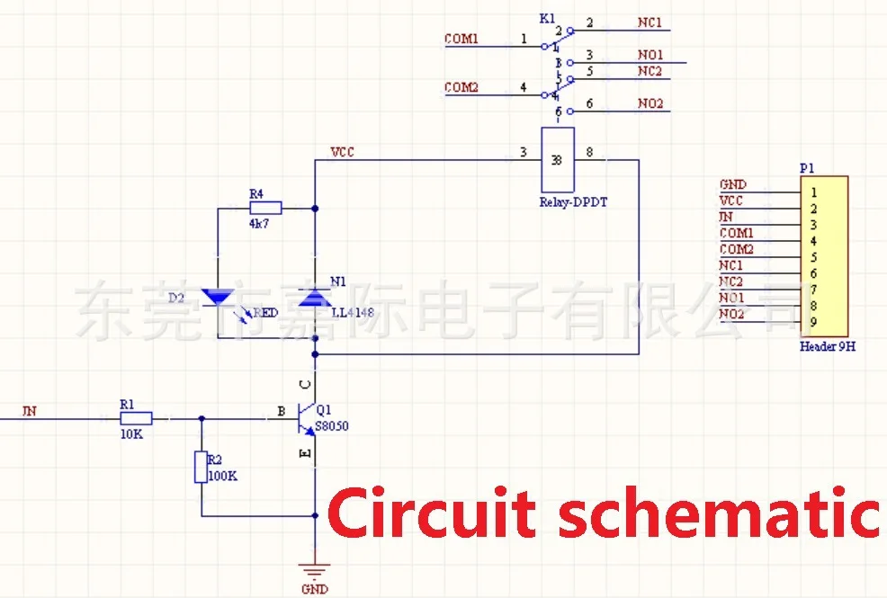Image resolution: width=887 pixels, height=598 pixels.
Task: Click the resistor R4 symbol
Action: tap(265, 208)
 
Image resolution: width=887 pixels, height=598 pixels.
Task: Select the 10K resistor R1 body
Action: tap(136, 418)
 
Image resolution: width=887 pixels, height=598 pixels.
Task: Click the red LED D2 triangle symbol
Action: tap(218, 297)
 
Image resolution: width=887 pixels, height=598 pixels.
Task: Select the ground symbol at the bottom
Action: tap(315, 570)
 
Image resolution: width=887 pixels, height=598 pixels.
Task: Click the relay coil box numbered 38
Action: tap(557, 160)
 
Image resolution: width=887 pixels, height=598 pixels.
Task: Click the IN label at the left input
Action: tap(30, 412)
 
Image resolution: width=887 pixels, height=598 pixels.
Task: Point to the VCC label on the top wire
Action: tap(343, 152)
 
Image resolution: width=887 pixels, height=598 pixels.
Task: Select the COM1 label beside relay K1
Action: tap(461, 40)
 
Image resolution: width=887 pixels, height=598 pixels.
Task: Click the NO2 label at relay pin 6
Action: tap(650, 104)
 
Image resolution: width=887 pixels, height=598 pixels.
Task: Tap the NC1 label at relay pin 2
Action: tap(650, 22)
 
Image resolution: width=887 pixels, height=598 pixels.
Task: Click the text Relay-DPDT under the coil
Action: tap(573, 202)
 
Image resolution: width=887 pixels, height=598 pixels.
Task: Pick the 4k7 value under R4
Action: tap(259, 223)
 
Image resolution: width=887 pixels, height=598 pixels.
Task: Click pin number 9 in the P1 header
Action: tap(813, 322)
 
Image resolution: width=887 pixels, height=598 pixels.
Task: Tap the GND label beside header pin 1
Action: tap(732, 185)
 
